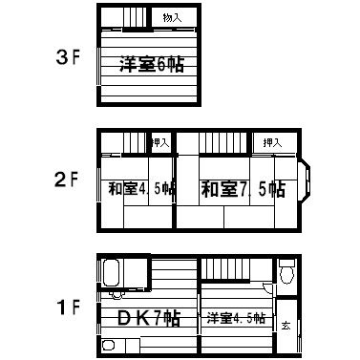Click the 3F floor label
[x=67, y=57]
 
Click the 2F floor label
[x=66, y=180]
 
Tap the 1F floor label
[x=68, y=307]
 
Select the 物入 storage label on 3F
[x=172, y=18]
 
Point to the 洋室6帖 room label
[x=152, y=65]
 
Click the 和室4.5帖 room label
[x=141, y=189]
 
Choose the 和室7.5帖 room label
[x=244, y=189]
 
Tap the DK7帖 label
[x=149, y=318]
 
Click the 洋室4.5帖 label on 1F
[x=236, y=318]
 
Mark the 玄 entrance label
[x=286, y=326]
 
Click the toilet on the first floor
[x=287, y=271]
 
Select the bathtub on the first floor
[x=111, y=272]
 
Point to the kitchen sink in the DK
[x=109, y=346]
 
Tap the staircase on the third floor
[x=136, y=18]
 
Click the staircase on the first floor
[x=225, y=270]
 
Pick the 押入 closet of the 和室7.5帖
[x=273, y=143]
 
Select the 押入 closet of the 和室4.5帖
[x=160, y=143]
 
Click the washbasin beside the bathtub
[x=116, y=295]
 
